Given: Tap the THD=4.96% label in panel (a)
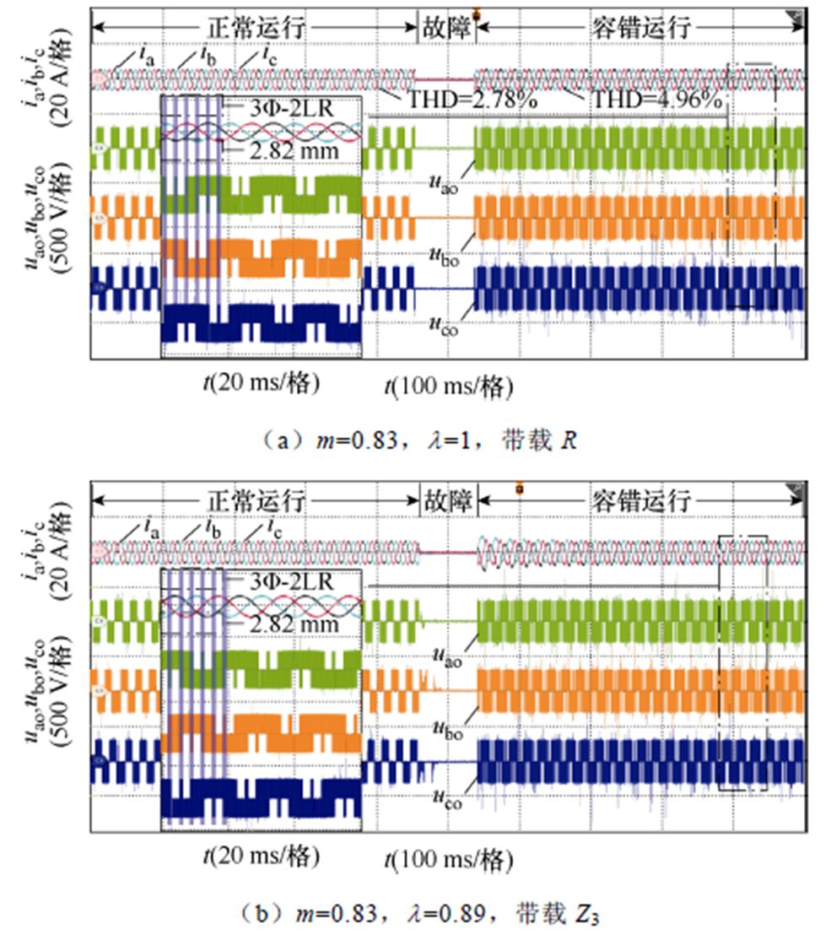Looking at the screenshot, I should tap(656, 100).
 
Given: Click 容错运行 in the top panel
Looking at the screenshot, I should tap(639, 27).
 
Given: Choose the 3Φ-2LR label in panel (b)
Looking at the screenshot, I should tap(291, 581).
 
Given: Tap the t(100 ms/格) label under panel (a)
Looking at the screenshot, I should tap(449, 386).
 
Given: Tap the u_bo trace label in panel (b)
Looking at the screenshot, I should tap(447, 726).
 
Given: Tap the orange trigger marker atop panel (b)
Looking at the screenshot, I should tap(519, 488).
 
